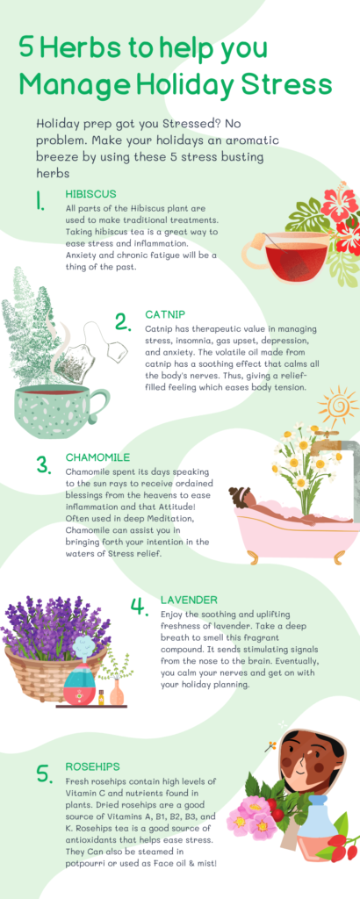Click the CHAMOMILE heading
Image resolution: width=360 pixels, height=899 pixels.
coord(97,457)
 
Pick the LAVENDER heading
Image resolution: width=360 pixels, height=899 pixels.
coord(189,600)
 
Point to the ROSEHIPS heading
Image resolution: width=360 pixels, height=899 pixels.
coord(92,766)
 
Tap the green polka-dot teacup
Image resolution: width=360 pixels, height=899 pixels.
coord(67,413)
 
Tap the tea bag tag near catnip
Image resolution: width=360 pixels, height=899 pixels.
coord(118,352)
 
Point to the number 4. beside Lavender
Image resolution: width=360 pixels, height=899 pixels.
coord(139,607)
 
